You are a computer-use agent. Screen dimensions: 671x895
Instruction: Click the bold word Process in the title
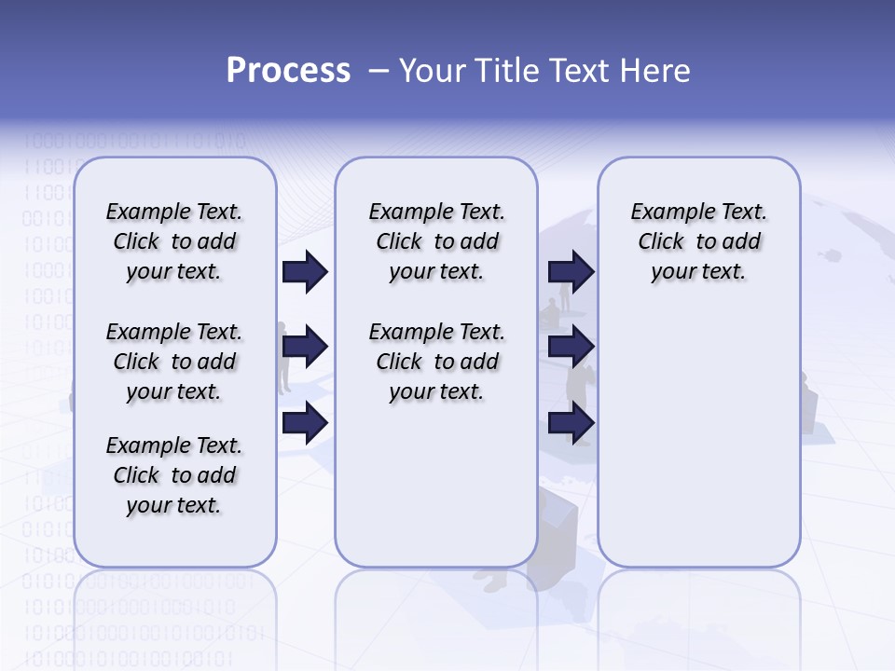click(x=288, y=71)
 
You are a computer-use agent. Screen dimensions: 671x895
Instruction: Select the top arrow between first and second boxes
click(x=305, y=271)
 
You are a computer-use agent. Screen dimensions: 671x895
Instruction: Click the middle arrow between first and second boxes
click(x=305, y=348)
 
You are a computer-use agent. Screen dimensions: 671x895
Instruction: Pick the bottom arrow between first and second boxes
click(x=305, y=423)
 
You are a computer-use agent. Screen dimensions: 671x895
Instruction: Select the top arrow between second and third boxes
click(x=571, y=271)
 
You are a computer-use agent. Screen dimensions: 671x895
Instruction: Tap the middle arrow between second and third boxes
click(x=571, y=348)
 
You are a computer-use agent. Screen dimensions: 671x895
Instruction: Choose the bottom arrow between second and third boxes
click(x=571, y=423)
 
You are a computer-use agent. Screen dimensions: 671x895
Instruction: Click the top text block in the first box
click(x=174, y=241)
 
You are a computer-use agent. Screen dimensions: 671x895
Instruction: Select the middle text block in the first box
click(x=174, y=362)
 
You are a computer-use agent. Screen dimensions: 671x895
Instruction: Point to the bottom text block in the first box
click(x=174, y=475)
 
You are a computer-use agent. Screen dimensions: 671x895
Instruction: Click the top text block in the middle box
click(x=436, y=241)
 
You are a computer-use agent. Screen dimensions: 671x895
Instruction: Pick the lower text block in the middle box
click(x=436, y=362)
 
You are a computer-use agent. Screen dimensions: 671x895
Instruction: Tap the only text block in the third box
click(x=698, y=241)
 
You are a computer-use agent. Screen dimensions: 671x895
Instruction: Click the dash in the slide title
click(x=379, y=71)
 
